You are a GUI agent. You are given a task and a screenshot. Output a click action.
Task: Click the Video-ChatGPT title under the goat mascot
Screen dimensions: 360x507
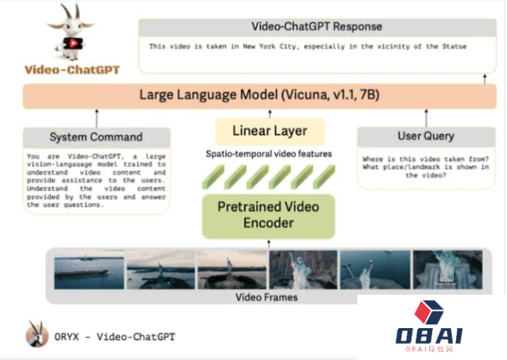pos(71,70)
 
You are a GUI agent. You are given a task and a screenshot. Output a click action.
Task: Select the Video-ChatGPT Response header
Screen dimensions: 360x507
pos(316,27)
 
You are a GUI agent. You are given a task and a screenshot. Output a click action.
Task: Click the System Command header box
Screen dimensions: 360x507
pos(96,136)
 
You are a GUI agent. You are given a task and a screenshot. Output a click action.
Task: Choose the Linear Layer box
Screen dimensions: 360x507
pos(269,131)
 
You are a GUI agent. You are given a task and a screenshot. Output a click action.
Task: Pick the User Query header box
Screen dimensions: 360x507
pos(426,136)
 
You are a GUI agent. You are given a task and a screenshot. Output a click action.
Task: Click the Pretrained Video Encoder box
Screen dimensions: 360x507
pos(269,216)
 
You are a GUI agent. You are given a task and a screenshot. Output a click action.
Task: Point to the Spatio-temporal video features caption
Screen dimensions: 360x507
pos(269,154)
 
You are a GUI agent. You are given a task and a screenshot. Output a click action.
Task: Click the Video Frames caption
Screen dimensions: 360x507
pos(266,297)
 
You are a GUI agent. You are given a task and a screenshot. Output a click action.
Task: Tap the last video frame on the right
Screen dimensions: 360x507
pos(447,270)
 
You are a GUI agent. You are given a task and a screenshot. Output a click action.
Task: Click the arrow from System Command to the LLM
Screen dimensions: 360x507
pos(97,118)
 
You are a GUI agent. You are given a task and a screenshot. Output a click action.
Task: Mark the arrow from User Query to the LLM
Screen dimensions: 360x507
pos(426,118)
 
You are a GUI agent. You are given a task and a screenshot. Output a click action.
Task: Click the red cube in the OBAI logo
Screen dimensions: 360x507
pos(429,312)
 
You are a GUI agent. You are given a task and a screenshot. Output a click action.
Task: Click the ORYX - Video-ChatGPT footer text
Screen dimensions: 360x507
pos(115,337)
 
